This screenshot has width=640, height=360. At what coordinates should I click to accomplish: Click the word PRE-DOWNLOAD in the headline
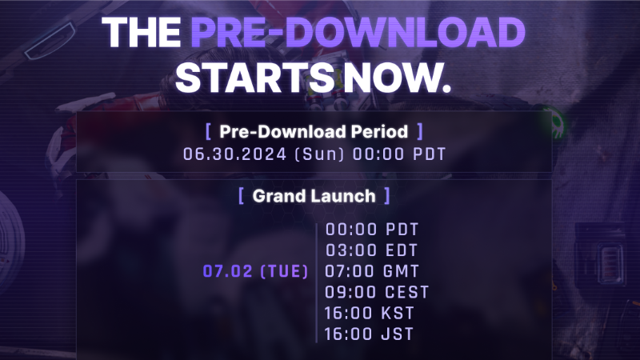point(358,33)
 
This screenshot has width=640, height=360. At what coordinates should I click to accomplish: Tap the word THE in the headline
point(142,33)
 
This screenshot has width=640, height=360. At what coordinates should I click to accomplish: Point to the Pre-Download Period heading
point(314,131)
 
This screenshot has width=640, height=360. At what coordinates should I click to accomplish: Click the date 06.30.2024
point(234,154)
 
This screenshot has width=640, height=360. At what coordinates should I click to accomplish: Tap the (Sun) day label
point(319,154)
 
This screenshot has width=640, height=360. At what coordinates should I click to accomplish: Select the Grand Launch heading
point(314,196)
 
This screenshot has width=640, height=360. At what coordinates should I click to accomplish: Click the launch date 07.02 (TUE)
point(255,271)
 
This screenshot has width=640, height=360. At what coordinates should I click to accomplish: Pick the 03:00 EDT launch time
point(371,250)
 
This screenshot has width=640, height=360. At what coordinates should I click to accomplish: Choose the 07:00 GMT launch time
point(372,271)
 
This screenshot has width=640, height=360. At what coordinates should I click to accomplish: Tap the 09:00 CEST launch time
point(377,292)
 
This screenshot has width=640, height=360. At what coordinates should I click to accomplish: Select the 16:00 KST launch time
point(370,314)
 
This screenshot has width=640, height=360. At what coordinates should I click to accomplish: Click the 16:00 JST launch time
point(369,334)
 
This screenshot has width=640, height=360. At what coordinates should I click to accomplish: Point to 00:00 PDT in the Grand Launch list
point(372,230)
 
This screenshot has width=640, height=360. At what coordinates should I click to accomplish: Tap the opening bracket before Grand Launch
point(242,196)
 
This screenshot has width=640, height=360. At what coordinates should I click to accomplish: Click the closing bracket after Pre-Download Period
point(420,131)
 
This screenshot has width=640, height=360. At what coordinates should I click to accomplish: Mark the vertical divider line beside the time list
point(317,282)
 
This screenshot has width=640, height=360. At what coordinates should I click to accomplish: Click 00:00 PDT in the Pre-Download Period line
point(399,154)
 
